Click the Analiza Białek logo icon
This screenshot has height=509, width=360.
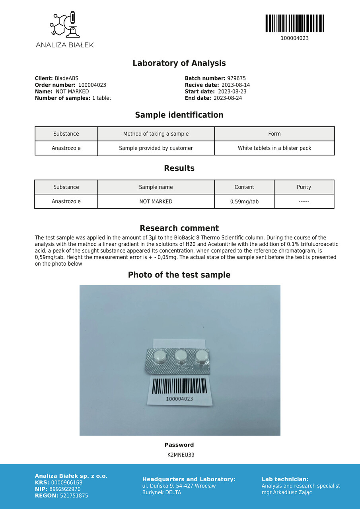tap(64, 25)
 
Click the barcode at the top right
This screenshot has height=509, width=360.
tap(294, 23)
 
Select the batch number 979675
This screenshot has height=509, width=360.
tap(236, 79)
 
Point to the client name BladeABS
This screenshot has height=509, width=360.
tap(66, 79)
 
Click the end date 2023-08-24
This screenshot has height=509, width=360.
tap(228, 98)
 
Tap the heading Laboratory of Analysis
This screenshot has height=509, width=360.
tap(179, 63)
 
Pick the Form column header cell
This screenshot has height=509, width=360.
tap(274, 134)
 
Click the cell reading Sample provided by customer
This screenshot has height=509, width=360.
tap(156, 148)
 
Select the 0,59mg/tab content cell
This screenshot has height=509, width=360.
tap(244, 202)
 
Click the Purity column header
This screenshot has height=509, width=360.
tap(304, 187)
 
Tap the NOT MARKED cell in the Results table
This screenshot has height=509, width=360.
tap(156, 202)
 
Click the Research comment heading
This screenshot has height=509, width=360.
tap(179, 228)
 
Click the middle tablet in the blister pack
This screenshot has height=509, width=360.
tap(181, 356)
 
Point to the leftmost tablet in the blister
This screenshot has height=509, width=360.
tap(160, 356)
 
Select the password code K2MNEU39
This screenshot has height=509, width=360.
tap(181, 455)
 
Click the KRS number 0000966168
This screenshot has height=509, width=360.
tap(67, 483)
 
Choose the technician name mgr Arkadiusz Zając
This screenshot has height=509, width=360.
tap(287, 492)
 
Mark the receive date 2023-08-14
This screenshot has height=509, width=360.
tap(235, 85)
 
